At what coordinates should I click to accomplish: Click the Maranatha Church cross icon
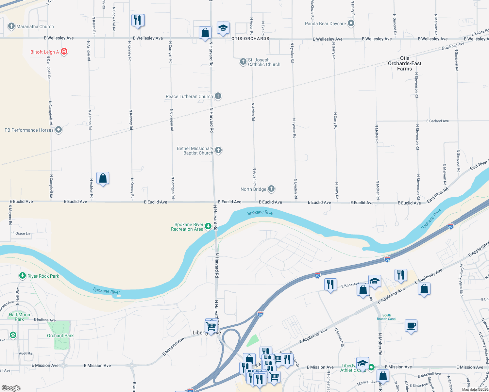coord(11,26)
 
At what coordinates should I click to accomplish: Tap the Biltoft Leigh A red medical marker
coord(64,52)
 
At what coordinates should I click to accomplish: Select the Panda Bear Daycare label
coord(325,24)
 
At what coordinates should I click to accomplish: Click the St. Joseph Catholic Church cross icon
coord(243,61)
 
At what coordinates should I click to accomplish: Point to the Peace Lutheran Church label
coord(189,96)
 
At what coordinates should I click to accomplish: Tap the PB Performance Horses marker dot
coord(59,130)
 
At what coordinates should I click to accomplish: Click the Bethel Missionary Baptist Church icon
coord(218,150)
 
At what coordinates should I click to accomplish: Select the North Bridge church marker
coord(271,188)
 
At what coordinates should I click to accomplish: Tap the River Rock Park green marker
coord(22,276)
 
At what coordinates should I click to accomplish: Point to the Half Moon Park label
coord(20,317)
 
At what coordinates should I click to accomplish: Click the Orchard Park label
coord(60,335)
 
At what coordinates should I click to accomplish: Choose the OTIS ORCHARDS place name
coord(250,39)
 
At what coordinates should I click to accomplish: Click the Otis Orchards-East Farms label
coord(405,63)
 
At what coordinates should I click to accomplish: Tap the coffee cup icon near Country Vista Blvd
coord(411,326)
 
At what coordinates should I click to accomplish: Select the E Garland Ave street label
coord(437,121)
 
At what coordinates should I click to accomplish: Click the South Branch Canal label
coord(386,317)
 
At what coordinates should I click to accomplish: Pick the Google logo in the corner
coord(11,388)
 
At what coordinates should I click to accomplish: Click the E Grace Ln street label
coord(21,233)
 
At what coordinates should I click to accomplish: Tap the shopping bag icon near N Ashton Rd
coord(103,178)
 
